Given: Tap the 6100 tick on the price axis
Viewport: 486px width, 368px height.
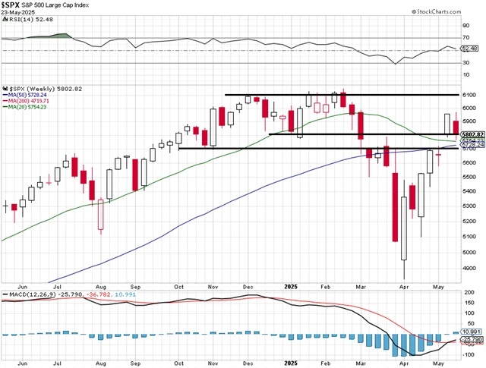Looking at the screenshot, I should tap(469, 95).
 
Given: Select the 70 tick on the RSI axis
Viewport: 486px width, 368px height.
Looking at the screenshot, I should tap(466, 37).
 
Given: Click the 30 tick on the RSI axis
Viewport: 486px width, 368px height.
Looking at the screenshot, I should tap(466, 63).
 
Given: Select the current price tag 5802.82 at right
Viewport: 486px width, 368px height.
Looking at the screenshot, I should tap(471, 134).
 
